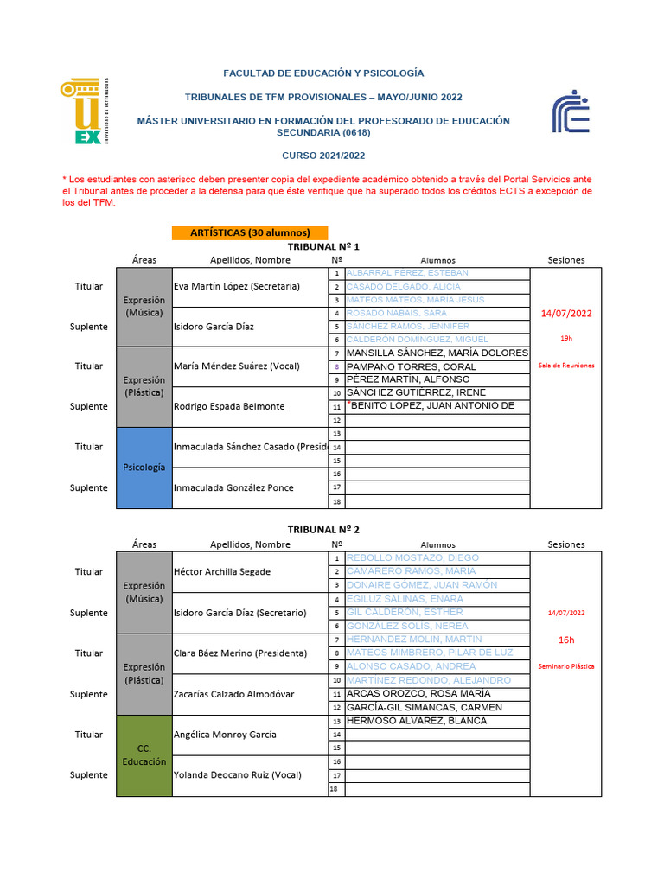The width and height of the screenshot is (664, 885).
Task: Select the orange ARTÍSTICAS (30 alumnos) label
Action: [249, 232]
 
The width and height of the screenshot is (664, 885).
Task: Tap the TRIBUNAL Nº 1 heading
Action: [323, 246]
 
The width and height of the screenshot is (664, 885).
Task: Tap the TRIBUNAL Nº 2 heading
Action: [323, 529]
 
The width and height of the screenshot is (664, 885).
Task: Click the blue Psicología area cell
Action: [144, 467]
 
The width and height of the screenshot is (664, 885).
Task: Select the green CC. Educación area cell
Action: [144, 754]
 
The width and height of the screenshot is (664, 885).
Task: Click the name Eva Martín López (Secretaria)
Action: [237, 286]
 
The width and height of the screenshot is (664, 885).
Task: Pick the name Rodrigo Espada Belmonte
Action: [228, 406]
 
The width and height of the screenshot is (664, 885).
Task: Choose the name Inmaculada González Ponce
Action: [233, 487]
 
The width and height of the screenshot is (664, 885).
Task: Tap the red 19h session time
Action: [566, 338]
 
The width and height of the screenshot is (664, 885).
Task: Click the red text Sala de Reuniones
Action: [566, 366]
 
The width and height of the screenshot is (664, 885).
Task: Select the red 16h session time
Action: [566, 640]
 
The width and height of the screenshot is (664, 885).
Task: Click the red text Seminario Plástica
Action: [566, 666]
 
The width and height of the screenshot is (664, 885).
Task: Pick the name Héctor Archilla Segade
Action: [222, 571]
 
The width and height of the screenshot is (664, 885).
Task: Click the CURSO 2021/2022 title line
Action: [323, 156]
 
